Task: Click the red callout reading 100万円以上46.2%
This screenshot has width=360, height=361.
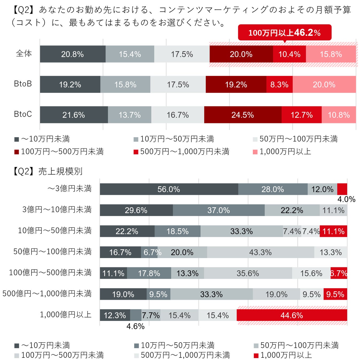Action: [284, 33]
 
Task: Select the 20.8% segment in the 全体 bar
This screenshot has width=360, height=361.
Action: [73, 54]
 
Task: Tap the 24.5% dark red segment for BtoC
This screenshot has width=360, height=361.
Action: [243, 115]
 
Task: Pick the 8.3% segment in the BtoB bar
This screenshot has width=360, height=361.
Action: [279, 85]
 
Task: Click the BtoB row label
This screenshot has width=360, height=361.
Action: [23, 84]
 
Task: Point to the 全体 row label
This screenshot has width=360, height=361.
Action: [24, 53]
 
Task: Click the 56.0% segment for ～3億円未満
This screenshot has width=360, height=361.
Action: [169, 189]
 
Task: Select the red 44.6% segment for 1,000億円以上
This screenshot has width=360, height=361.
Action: [292, 315]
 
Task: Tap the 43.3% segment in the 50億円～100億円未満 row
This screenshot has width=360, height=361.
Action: [260, 252]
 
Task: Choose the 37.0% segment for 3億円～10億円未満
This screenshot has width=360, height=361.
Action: [219, 210]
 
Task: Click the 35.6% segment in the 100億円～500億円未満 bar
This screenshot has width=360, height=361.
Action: [248, 273]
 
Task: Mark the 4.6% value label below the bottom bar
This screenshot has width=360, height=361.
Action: [136, 327]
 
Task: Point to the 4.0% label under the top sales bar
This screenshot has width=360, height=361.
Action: [346, 199]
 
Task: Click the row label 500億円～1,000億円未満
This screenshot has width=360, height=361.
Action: [47, 294]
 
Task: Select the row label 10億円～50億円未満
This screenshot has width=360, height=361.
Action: [55, 231]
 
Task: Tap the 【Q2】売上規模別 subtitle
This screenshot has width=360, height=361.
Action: [47, 171]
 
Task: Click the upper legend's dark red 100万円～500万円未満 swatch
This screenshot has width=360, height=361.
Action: [17, 152]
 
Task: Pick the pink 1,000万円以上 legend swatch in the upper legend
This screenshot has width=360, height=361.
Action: [255, 152]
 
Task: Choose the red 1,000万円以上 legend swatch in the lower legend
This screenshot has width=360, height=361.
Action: [256, 355]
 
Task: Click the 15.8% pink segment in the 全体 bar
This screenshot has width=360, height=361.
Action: [331, 54]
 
